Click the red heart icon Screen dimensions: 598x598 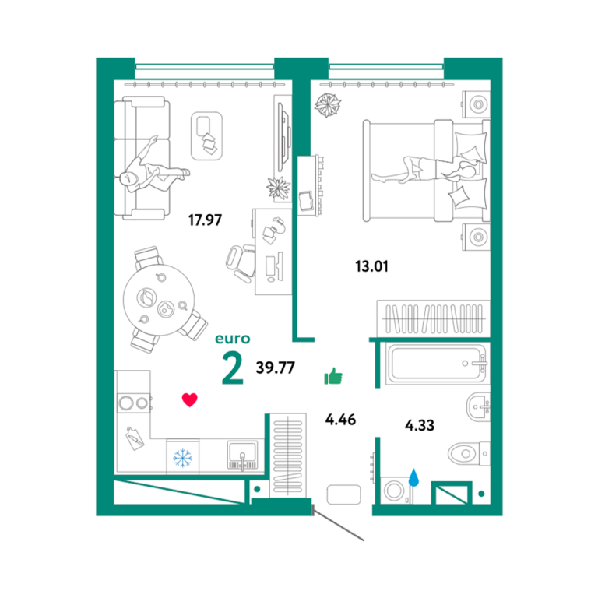(x=189, y=399)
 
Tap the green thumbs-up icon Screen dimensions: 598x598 (x=333, y=376)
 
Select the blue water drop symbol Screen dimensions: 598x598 (x=413, y=477)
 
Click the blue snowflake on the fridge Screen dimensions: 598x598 (x=183, y=458)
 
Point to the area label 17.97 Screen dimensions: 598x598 (x=205, y=220)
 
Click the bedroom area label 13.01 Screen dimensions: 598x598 (x=372, y=266)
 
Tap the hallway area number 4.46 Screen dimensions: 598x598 (x=340, y=420)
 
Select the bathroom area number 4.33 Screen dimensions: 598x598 (x=420, y=425)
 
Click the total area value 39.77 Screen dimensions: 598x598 (x=276, y=368)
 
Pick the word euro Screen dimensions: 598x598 (x=233, y=339)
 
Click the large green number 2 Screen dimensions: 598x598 (x=232, y=368)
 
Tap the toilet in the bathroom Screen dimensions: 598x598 (x=468, y=454)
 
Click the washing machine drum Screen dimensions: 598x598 (x=394, y=491)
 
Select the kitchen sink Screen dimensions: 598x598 (x=242, y=455)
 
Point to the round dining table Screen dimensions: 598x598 (x=159, y=300)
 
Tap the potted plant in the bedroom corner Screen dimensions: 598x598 (x=328, y=104)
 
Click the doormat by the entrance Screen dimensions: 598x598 (x=343, y=494)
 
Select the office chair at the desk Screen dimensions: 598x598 (x=241, y=263)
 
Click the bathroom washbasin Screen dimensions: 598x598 (x=479, y=406)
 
